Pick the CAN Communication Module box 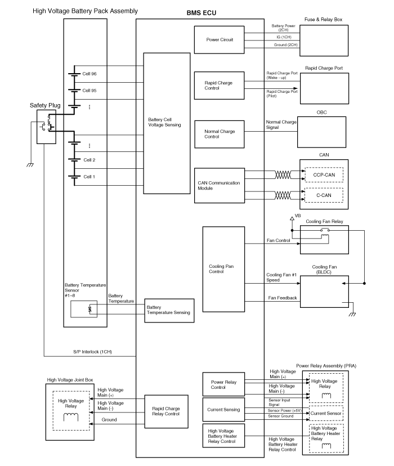pyautogui.click(x=219, y=186)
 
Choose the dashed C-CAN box pyautogui.click(x=324, y=195)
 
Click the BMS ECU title pyautogui.click(x=200, y=12)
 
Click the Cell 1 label pyautogui.click(x=89, y=177)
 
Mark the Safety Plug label pyautogui.click(x=46, y=105)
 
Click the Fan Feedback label pyautogui.click(x=282, y=298)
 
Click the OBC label pyautogui.click(x=321, y=112)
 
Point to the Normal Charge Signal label pyautogui.click(x=281, y=125)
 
